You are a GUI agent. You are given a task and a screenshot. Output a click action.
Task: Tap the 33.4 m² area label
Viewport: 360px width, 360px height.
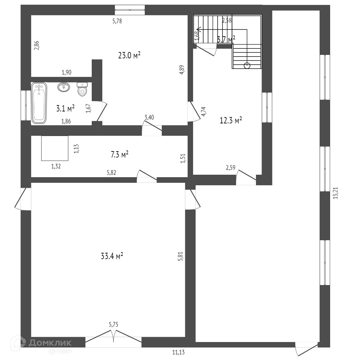click(111, 256)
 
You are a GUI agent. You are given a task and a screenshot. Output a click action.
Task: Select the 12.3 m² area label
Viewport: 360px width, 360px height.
click(231, 121)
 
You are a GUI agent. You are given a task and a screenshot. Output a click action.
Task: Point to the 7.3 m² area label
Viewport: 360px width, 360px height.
click(119, 154)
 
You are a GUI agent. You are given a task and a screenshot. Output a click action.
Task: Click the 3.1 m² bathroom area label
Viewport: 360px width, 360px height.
click(65, 109)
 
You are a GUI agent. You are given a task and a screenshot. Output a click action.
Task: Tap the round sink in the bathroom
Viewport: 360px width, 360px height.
click(64, 87)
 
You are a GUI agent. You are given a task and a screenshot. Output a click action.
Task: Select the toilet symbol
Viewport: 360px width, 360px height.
click(82, 90)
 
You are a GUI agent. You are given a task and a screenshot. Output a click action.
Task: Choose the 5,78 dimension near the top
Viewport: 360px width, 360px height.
click(117, 21)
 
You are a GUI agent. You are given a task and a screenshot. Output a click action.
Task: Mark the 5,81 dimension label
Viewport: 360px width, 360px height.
click(181, 255)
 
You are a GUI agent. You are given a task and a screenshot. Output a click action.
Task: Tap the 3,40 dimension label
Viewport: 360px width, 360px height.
click(149, 117)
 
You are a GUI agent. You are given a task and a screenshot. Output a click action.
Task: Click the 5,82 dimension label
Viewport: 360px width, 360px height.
click(112, 172)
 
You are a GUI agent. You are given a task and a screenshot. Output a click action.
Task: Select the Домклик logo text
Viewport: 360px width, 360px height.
click(50, 342)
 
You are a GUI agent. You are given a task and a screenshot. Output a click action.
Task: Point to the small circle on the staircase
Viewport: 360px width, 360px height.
click(247, 65)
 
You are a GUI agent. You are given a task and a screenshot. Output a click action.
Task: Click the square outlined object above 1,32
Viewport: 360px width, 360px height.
click(55, 148)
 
